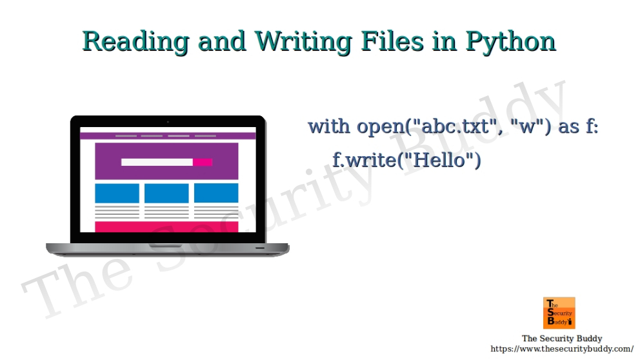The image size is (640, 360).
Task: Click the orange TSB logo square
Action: pyautogui.click(x=559, y=313)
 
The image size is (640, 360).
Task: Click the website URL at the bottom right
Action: pyautogui.click(x=562, y=349)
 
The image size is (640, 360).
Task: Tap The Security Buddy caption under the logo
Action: pyautogui.click(x=562, y=338)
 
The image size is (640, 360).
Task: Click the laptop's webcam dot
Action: pyautogui.click(x=168, y=121)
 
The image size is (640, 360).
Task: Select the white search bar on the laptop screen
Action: pyautogui.click(x=157, y=162)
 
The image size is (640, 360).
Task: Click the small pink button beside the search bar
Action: pyautogui.click(x=203, y=162)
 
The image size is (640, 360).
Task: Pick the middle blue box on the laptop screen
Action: pyautogui.click(x=166, y=193)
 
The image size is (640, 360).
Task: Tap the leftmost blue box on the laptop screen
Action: pyautogui.click(x=117, y=193)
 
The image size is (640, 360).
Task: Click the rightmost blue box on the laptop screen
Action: pyautogui.click(x=216, y=193)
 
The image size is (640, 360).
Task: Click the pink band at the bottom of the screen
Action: pyautogui.click(x=166, y=226)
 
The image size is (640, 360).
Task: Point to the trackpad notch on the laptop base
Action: pyautogui.click(x=166, y=246)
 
